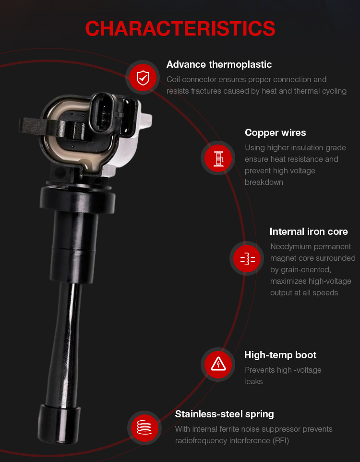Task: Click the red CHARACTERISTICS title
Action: point(180,28)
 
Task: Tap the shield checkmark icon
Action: point(143,78)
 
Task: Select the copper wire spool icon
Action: point(218,158)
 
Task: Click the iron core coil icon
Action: point(248,259)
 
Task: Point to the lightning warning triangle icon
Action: point(218,364)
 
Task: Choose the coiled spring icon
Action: point(144,427)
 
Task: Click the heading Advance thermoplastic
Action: point(219,64)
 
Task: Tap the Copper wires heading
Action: point(275,133)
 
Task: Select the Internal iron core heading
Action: point(309,231)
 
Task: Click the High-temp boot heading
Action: point(280,355)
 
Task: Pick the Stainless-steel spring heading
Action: point(224,414)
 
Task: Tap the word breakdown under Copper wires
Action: point(264,182)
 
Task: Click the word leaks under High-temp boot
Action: point(253,382)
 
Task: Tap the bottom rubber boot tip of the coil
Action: point(59,424)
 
